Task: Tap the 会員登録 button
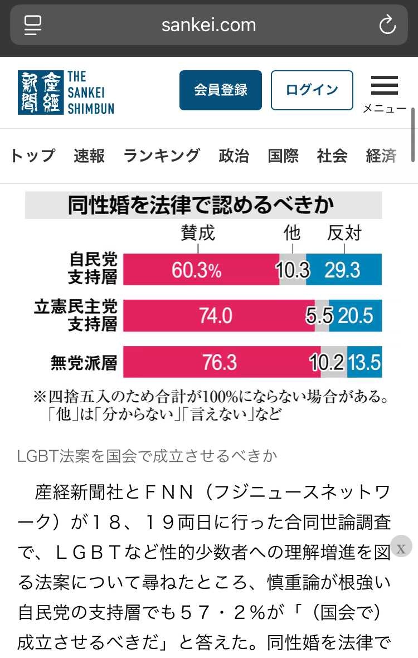[x=220, y=90]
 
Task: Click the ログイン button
[x=312, y=90]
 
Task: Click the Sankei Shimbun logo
[x=66, y=92]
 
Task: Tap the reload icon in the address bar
[x=387, y=25]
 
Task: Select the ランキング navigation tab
[x=162, y=156]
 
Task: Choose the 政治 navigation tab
[x=234, y=156]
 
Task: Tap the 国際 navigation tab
[x=283, y=156]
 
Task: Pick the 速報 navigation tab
[x=89, y=156]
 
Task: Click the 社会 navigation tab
[x=332, y=156]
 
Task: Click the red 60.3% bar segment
[x=201, y=270]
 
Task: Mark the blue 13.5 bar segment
[x=364, y=362]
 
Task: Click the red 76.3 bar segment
[x=218, y=362]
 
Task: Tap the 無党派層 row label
[x=84, y=363]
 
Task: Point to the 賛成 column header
[x=198, y=233]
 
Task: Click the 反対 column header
[x=344, y=233]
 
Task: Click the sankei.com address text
[x=208, y=25]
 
